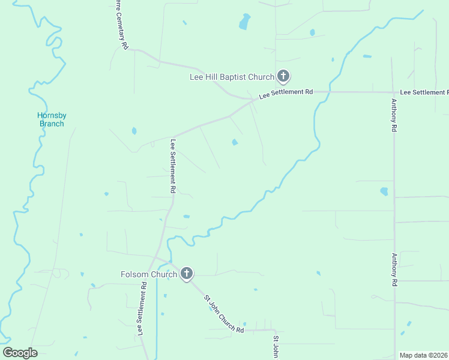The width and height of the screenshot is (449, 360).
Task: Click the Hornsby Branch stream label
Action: (x=51, y=119)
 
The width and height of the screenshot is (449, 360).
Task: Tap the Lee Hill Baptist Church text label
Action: (x=232, y=77)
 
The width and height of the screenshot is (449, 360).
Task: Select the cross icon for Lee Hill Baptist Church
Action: (x=283, y=77)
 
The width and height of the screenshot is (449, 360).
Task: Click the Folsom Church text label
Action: (x=149, y=275)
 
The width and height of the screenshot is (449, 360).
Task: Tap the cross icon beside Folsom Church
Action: (x=187, y=274)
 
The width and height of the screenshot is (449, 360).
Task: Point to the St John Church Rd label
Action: (x=223, y=314)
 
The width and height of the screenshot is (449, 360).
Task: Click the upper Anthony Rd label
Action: (x=394, y=115)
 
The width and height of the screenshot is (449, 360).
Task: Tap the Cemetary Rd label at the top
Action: (x=122, y=25)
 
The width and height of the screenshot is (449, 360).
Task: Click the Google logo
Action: (x=20, y=353)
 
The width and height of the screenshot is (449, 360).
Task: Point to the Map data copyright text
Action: (x=424, y=355)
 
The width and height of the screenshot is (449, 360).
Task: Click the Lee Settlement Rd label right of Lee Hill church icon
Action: (x=286, y=94)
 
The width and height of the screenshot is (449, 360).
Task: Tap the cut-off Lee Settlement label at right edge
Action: (x=424, y=92)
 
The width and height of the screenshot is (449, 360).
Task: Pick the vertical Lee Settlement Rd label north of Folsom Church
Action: (x=173, y=166)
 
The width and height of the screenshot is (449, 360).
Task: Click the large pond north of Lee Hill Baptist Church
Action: (x=244, y=23)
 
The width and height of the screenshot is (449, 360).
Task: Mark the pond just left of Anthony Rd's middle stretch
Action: (x=384, y=192)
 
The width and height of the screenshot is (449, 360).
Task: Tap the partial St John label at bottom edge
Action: (x=276, y=347)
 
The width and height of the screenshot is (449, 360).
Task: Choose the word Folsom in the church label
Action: (x=134, y=275)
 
